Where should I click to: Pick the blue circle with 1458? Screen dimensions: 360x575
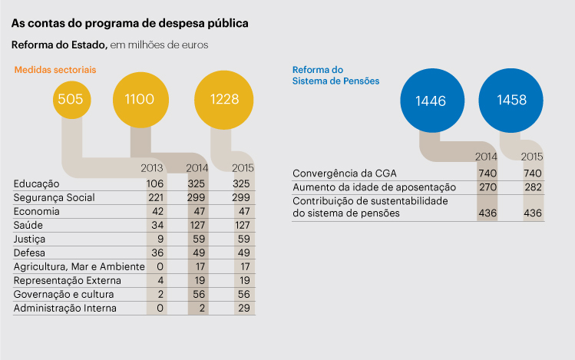(511, 101)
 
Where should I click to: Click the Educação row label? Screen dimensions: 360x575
(36, 184)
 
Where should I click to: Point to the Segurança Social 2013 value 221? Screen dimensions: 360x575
(156, 198)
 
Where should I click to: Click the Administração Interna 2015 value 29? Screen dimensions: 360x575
(245, 308)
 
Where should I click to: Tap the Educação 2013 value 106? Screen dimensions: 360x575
(156, 184)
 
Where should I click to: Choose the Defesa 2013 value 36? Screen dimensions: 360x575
(158, 253)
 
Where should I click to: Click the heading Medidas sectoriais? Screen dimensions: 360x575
(55, 70)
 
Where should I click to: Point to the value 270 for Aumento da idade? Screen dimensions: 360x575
(487, 187)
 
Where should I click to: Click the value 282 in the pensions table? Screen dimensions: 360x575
(532, 187)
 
